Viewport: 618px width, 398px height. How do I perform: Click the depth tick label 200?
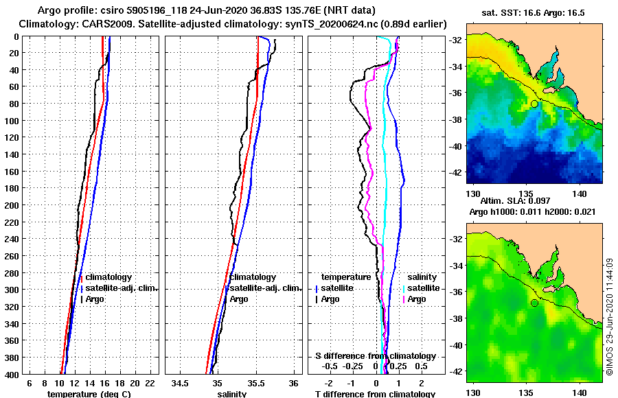point(12,204)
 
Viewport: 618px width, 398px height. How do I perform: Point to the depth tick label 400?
point(12,374)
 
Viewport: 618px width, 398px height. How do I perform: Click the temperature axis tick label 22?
point(150,383)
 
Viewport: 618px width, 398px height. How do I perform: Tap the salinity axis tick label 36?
point(293,383)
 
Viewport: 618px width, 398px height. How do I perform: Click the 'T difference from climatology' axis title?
point(375,394)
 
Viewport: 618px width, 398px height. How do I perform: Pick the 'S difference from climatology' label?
point(376,356)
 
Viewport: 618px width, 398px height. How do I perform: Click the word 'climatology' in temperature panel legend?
point(108,277)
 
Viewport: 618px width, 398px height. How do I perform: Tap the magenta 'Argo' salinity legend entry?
point(417,299)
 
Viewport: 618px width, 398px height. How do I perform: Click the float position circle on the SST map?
point(534,104)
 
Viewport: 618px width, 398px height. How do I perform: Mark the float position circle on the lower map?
point(534,303)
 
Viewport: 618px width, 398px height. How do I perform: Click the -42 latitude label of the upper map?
point(457,173)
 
